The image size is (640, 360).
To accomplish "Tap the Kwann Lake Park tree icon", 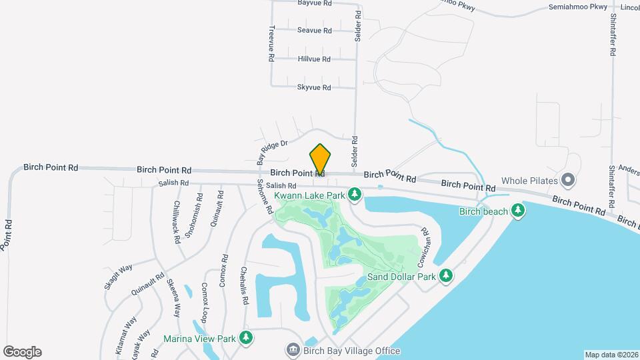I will pyautogui.click(x=355, y=195).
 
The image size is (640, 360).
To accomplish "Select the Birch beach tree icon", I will pyautogui.click(x=517, y=211).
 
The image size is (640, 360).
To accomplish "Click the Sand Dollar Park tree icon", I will pyautogui.click(x=445, y=276).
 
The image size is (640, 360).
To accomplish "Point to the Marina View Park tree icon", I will pyautogui.click(x=246, y=337).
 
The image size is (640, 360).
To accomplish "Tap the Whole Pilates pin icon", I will pyautogui.click(x=568, y=179).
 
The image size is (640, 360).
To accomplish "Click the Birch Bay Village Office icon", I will pyautogui.click(x=292, y=350).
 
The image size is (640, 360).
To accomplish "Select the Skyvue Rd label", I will pyautogui.click(x=314, y=87).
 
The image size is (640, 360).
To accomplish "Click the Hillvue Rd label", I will pyautogui.click(x=314, y=59).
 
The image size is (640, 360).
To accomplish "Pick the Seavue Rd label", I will pyautogui.click(x=315, y=31).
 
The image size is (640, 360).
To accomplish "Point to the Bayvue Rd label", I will pyautogui.click(x=315, y=3).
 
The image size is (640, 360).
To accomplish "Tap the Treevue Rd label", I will pyautogui.click(x=272, y=44).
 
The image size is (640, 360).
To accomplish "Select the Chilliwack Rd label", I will pyautogui.click(x=177, y=221).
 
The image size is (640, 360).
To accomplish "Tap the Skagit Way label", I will pyautogui.click(x=119, y=277).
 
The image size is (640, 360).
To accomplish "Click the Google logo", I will pyautogui.click(x=22, y=351).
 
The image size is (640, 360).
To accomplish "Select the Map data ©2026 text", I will pyautogui.click(x=611, y=355).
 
